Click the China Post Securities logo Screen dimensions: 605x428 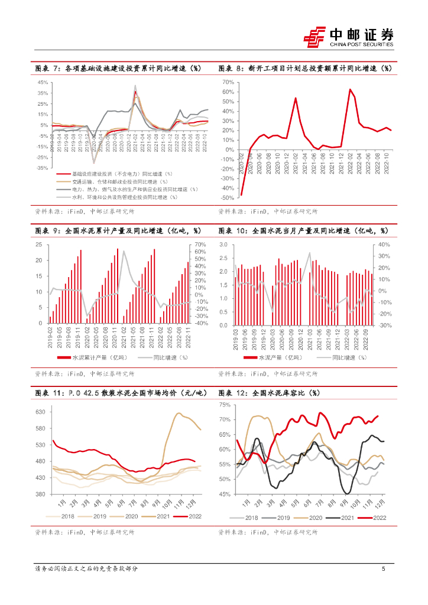click(x=348, y=37)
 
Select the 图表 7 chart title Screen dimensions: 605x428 click(x=118, y=69)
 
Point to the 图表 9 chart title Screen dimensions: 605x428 click(x=118, y=230)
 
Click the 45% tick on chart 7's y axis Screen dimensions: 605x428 click(x=43, y=82)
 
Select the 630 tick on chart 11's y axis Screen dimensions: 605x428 click(x=41, y=411)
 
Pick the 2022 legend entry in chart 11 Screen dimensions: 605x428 click(x=190, y=516)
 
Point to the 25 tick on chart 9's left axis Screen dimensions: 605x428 click(x=39, y=245)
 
